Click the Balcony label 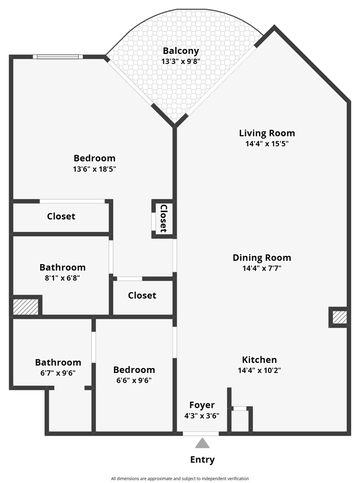pyautogui.click(x=181, y=51)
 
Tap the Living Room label pyautogui.click(x=267, y=133)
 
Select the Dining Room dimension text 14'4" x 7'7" pyautogui.click(x=262, y=268)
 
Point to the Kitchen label pyautogui.click(x=259, y=359)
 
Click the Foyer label pyautogui.click(x=202, y=405)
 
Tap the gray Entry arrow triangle pyautogui.click(x=202, y=443)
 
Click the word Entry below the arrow pyautogui.click(x=202, y=460)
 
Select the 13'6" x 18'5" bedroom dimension pyautogui.click(x=94, y=169)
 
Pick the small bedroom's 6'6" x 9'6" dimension pyautogui.click(x=134, y=380)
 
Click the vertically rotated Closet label pyautogui.click(x=164, y=219)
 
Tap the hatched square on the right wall pyautogui.click(x=340, y=317)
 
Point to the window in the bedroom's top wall pyautogui.click(x=58, y=57)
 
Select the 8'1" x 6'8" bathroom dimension pyautogui.click(x=62, y=278)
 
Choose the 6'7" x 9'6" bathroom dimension pyautogui.click(x=58, y=373)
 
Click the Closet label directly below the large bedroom pyautogui.click(x=61, y=216)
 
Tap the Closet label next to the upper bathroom pyautogui.click(x=142, y=295)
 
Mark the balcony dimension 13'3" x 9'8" pyautogui.click(x=181, y=61)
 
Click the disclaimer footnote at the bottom pyautogui.click(x=180, y=479)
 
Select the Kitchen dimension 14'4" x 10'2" pyautogui.click(x=259, y=370)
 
